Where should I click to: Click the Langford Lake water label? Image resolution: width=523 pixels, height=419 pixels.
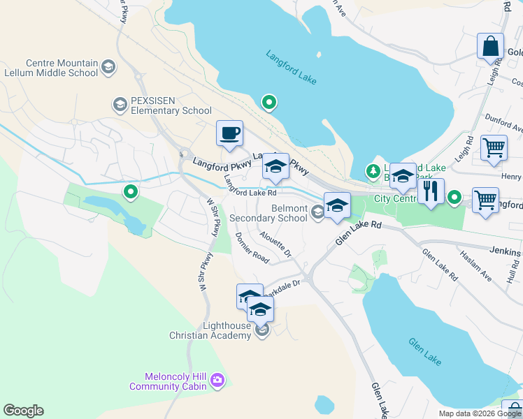[x=291, y=67]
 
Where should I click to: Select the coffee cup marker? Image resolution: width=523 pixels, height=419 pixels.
[x=229, y=133]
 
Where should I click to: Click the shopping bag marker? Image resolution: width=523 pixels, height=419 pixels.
[x=490, y=46]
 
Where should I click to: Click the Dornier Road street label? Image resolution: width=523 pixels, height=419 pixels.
[x=252, y=247]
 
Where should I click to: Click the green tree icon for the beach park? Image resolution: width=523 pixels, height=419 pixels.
[x=373, y=170]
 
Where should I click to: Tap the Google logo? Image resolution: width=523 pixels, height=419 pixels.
[x=23, y=411]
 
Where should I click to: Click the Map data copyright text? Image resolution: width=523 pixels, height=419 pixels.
[x=479, y=413]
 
